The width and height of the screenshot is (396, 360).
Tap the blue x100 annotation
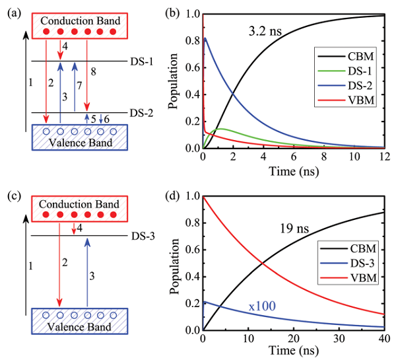tap(262, 306)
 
